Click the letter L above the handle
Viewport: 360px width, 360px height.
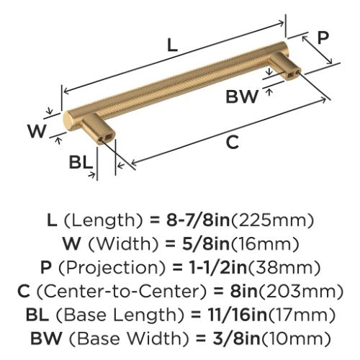pyautogui.click(x=172, y=45)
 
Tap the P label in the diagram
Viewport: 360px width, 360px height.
pyautogui.click(x=323, y=37)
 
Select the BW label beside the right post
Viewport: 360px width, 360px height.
pyautogui.click(x=242, y=96)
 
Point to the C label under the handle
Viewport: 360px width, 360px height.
pyautogui.click(x=233, y=142)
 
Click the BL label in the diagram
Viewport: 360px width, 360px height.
pyautogui.click(x=81, y=162)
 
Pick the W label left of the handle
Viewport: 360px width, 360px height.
pyautogui.click(x=37, y=131)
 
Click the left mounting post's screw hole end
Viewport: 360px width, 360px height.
pyautogui.click(x=107, y=138)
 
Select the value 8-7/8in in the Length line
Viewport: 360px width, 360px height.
pyautogui.click(x=198, y=220)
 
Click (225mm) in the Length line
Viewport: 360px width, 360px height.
pyautogui.click(x=272, y=220)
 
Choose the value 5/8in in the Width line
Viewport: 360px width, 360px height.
pyautogui.click(x=206, y=243)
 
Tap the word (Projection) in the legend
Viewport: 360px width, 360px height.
pyautogui.click(x=112, y=268)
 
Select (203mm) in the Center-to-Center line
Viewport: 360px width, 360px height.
pyautogui.click(x=301, y=291)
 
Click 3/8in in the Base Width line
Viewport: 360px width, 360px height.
pyautogui.click(x=235, y=338)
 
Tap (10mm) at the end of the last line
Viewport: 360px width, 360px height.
pyautogui.click(x=295, y=338)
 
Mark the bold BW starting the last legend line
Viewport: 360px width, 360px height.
pyautogui.click(x=46, y=338)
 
